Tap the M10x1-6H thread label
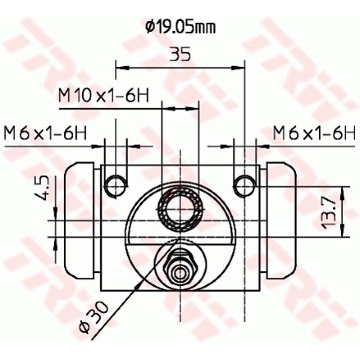104,95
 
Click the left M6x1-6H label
45,133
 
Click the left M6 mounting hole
116,185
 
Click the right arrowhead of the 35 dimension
240,68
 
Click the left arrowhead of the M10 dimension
166,108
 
